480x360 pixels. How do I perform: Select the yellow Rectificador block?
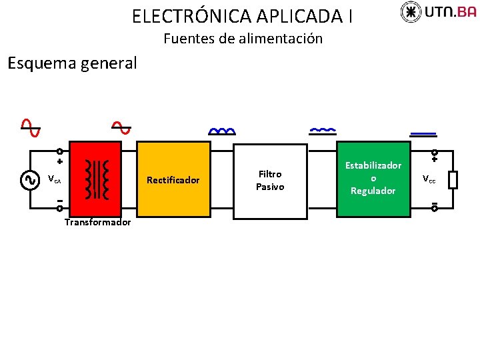(x=173, y=180)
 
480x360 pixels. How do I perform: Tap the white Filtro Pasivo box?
(x=270, y=180)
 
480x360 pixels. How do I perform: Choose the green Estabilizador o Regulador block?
(x=373, y=179)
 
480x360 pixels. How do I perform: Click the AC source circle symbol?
(x=29, y=180)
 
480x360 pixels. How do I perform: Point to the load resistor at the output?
(x=453, y=180)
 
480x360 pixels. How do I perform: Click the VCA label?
(x=55, y=180)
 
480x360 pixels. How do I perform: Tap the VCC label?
(x=429, y=179)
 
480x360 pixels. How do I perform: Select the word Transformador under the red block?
(x=97, y=223)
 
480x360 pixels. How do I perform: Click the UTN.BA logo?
(x=438, y=13)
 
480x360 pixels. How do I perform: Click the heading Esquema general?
(x=71, y=64)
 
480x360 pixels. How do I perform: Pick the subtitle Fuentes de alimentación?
(x=243, y=39)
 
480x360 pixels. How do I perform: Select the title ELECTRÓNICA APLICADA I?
(x=243, y=15)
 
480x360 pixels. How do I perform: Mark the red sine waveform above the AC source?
(x=29, y=127)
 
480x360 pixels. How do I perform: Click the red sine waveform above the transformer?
(x=121, y=127)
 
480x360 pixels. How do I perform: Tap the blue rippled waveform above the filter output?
(x=323, y=130)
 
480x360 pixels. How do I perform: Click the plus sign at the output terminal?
(x=434, y=159)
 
